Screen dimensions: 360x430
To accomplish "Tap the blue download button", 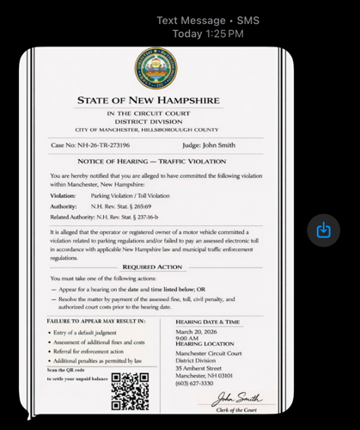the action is coord(323,230).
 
